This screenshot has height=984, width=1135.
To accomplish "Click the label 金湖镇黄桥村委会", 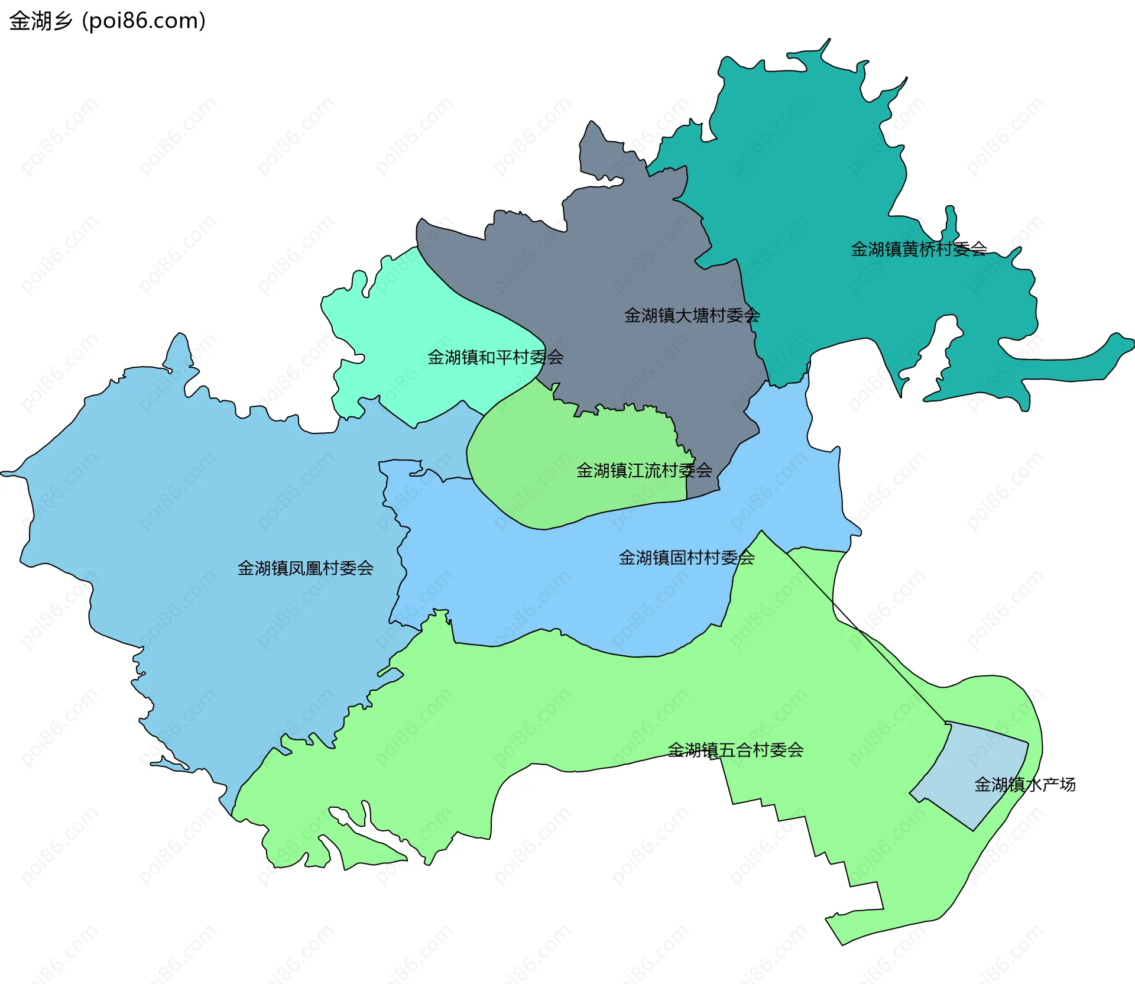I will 919,249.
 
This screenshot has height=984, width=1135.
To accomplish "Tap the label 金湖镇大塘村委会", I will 692,315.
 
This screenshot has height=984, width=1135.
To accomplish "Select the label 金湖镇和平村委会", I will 495,357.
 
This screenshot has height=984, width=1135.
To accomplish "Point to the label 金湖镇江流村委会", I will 644,471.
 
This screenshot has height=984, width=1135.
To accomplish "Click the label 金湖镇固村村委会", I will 686,558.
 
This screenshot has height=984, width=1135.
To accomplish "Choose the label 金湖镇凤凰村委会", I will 305,568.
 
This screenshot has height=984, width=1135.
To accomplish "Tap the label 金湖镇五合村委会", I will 735,750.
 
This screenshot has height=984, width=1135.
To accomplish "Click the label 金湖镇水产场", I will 1024,785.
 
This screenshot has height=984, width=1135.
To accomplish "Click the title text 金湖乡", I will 40,21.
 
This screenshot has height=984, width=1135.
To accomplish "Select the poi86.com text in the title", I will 144,21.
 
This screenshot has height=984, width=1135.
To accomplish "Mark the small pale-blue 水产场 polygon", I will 969,769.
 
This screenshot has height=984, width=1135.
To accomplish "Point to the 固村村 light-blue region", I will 532,580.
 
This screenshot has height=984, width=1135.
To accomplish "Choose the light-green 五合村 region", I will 591,710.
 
